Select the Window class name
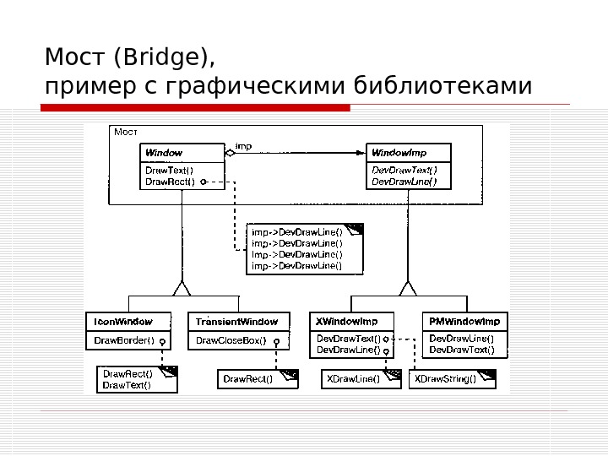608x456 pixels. pos(164,153)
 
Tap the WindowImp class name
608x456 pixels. pos(399,153)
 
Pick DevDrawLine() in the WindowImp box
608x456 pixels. pos(404,181)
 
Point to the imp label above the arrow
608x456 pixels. pos(243,146)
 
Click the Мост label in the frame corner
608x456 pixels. pos(125,132)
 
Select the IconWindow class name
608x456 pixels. pos(123,322)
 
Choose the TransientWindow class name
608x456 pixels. pos(236,322)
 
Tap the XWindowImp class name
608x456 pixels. pos(346,322)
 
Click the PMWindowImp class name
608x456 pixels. pos(464,322)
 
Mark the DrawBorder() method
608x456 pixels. pos(124,341)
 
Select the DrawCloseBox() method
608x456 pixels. pos(231,341)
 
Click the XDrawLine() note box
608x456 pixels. pos(353,379)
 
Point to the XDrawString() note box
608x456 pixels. pos(445,379)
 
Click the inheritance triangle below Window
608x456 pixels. pos(182,289)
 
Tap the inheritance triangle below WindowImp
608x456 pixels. pos(408,289)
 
